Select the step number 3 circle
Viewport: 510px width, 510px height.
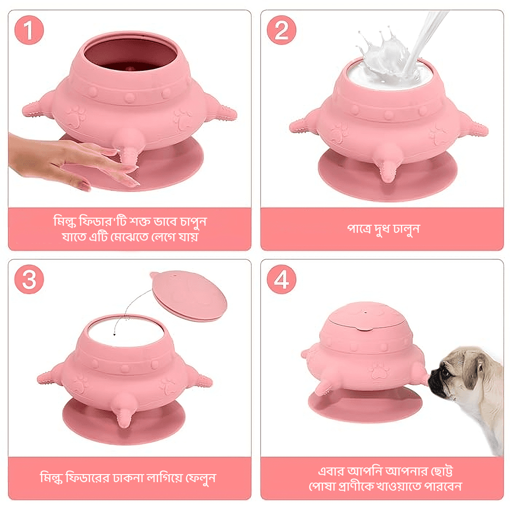(29, 280)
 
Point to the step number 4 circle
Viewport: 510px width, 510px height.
(281, 280)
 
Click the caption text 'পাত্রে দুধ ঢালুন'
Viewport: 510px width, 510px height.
(383, 229)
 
